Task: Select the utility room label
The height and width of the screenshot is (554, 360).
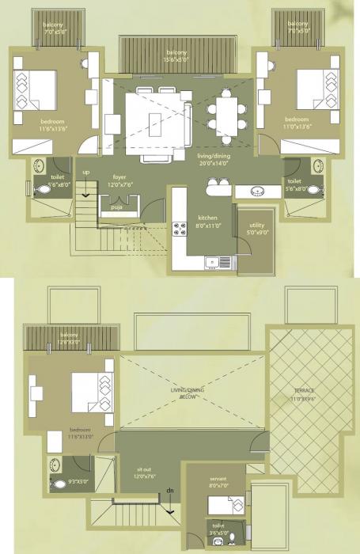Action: click(256, 230)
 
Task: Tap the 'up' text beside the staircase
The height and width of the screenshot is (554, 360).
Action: click(86, 171)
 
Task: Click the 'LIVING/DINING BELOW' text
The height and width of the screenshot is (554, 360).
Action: click(191, 395)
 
